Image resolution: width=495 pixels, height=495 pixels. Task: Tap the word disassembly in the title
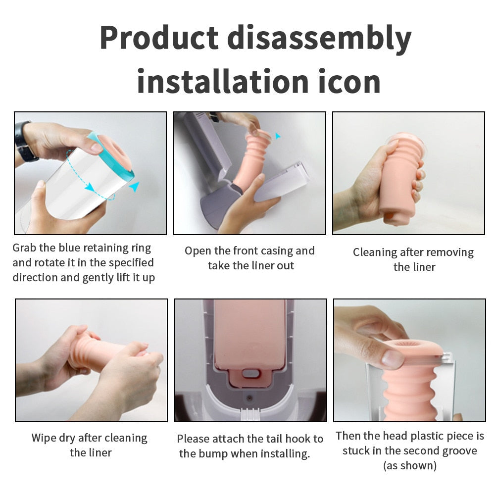coord(319,40)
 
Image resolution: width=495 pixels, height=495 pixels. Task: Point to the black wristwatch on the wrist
coord(24,142)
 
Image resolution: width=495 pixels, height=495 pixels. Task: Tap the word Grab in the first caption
coord(25,248)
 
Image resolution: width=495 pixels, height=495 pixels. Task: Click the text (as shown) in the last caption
coord(410,466)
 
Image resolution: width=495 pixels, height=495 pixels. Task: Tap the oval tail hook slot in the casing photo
coord(251,374)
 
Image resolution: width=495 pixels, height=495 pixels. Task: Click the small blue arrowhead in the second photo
coord(278,136)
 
